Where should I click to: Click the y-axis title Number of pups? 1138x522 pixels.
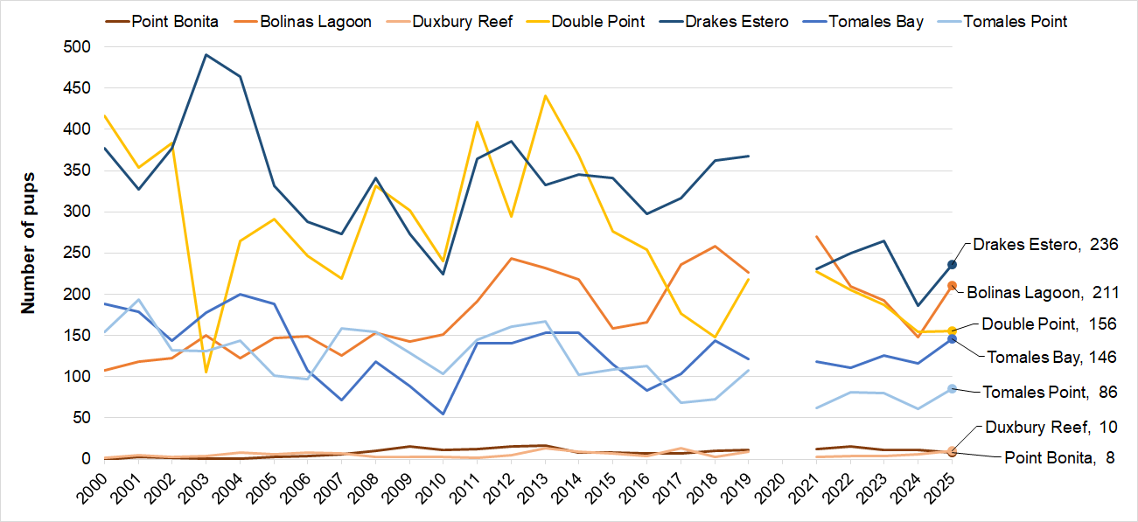coord(28,231)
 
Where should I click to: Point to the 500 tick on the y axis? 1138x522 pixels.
coord(80,46)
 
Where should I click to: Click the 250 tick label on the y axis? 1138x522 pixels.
coord(80,254)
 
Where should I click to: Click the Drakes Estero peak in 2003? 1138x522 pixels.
coord(206,54)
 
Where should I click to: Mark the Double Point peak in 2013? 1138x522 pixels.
coord(545,95)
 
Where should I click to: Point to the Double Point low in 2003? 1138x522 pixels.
coord(206,372)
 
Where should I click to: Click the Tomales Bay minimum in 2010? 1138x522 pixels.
coord(443,414)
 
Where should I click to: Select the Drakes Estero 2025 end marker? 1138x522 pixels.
coord(952,264)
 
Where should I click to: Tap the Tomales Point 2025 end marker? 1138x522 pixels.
coord(952,388)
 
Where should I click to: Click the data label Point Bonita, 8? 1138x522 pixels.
coord(1058,457)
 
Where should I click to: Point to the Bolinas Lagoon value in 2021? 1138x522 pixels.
coord(816,236)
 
